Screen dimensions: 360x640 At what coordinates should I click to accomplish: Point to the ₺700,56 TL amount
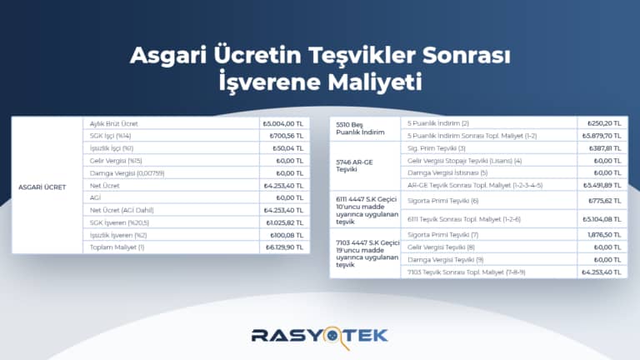point(285,136)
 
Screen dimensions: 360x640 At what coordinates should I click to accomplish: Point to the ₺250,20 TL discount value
point(604,122)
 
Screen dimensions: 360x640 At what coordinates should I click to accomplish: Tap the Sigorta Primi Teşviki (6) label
point(442,201)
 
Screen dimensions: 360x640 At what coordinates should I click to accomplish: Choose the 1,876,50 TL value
point(605,235)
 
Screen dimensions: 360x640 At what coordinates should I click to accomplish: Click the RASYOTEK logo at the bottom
point(320,335)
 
